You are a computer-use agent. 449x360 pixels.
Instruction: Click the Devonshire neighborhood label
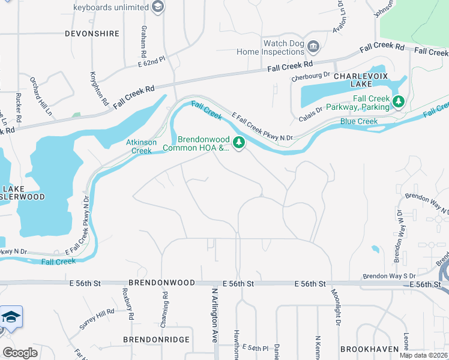(92, 34)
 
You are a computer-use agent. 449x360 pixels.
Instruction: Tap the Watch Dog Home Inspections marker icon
(313, 46)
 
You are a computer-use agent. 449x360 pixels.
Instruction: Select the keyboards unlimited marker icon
(158, 7)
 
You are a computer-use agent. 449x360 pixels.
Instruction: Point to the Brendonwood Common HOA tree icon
(239, 142)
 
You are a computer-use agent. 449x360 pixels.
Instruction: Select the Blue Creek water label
(359, 121)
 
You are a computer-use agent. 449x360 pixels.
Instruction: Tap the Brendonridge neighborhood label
(156, 340)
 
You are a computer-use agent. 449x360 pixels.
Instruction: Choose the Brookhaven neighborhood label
(370, 349)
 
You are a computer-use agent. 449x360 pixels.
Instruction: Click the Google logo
(20, 352)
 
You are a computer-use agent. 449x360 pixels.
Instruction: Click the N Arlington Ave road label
(214, 315)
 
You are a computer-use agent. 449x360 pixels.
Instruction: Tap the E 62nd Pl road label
(151, 59)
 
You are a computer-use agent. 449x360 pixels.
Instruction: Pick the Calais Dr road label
(311, 114)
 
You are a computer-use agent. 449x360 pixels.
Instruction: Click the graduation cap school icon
(11, 317)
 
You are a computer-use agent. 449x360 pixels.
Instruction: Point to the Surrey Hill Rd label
(97, 319)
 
